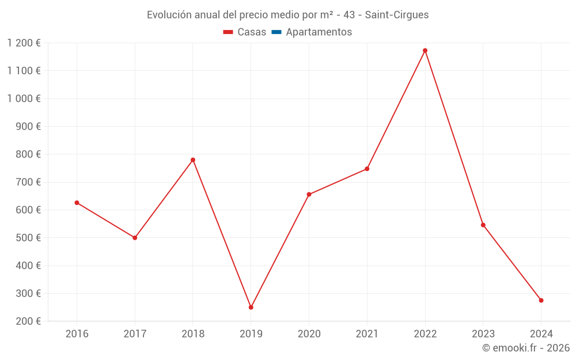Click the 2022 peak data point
point(425,51)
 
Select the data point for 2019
point(251,307)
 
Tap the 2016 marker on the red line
point(77,203)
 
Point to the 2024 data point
point(541,300)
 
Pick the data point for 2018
point(193,160)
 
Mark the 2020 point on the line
point(309,194)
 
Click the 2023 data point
point(483,225)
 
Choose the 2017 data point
point(135,237)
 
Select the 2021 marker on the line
point(367,169)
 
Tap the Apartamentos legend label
point(319,32)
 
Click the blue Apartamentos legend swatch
point(276,32)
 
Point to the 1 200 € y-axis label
point(24,43)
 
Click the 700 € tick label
point(27,182)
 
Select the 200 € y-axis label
point(27,321)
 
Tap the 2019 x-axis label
point(251,334)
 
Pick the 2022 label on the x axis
point(425,334)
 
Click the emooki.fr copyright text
point(526,348)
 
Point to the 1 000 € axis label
point(24,98)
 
